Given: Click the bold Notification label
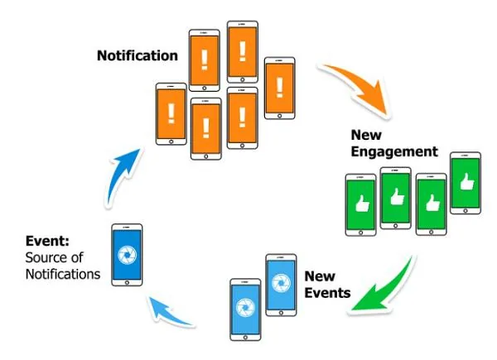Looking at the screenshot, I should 138,56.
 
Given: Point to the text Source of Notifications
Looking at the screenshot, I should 55,265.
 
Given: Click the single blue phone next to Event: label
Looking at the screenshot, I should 127,254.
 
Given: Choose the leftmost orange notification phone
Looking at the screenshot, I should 171,115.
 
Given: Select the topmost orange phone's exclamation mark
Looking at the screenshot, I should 242,52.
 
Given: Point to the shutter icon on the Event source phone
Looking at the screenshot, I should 127,254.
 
